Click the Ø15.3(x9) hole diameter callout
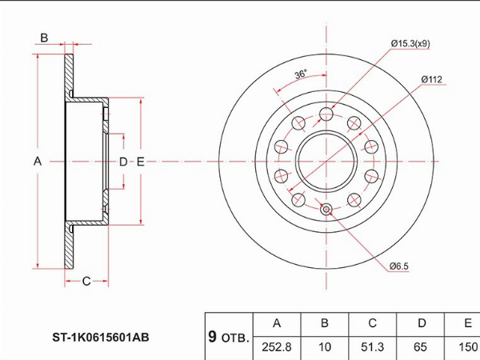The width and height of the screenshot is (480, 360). (410, 43)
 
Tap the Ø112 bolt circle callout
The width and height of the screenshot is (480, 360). (432, 79)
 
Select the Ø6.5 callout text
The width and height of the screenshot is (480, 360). (399, 266)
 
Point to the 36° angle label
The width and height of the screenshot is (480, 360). (300, 74)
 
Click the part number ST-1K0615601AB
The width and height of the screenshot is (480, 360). (101, 338)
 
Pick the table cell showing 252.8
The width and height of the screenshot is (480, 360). (277, 347)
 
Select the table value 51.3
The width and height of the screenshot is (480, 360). (372, 347)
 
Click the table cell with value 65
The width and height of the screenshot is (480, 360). (420, 347)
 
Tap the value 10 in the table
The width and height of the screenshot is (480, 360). (325, 347)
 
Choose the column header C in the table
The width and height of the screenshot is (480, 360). (372, 323)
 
